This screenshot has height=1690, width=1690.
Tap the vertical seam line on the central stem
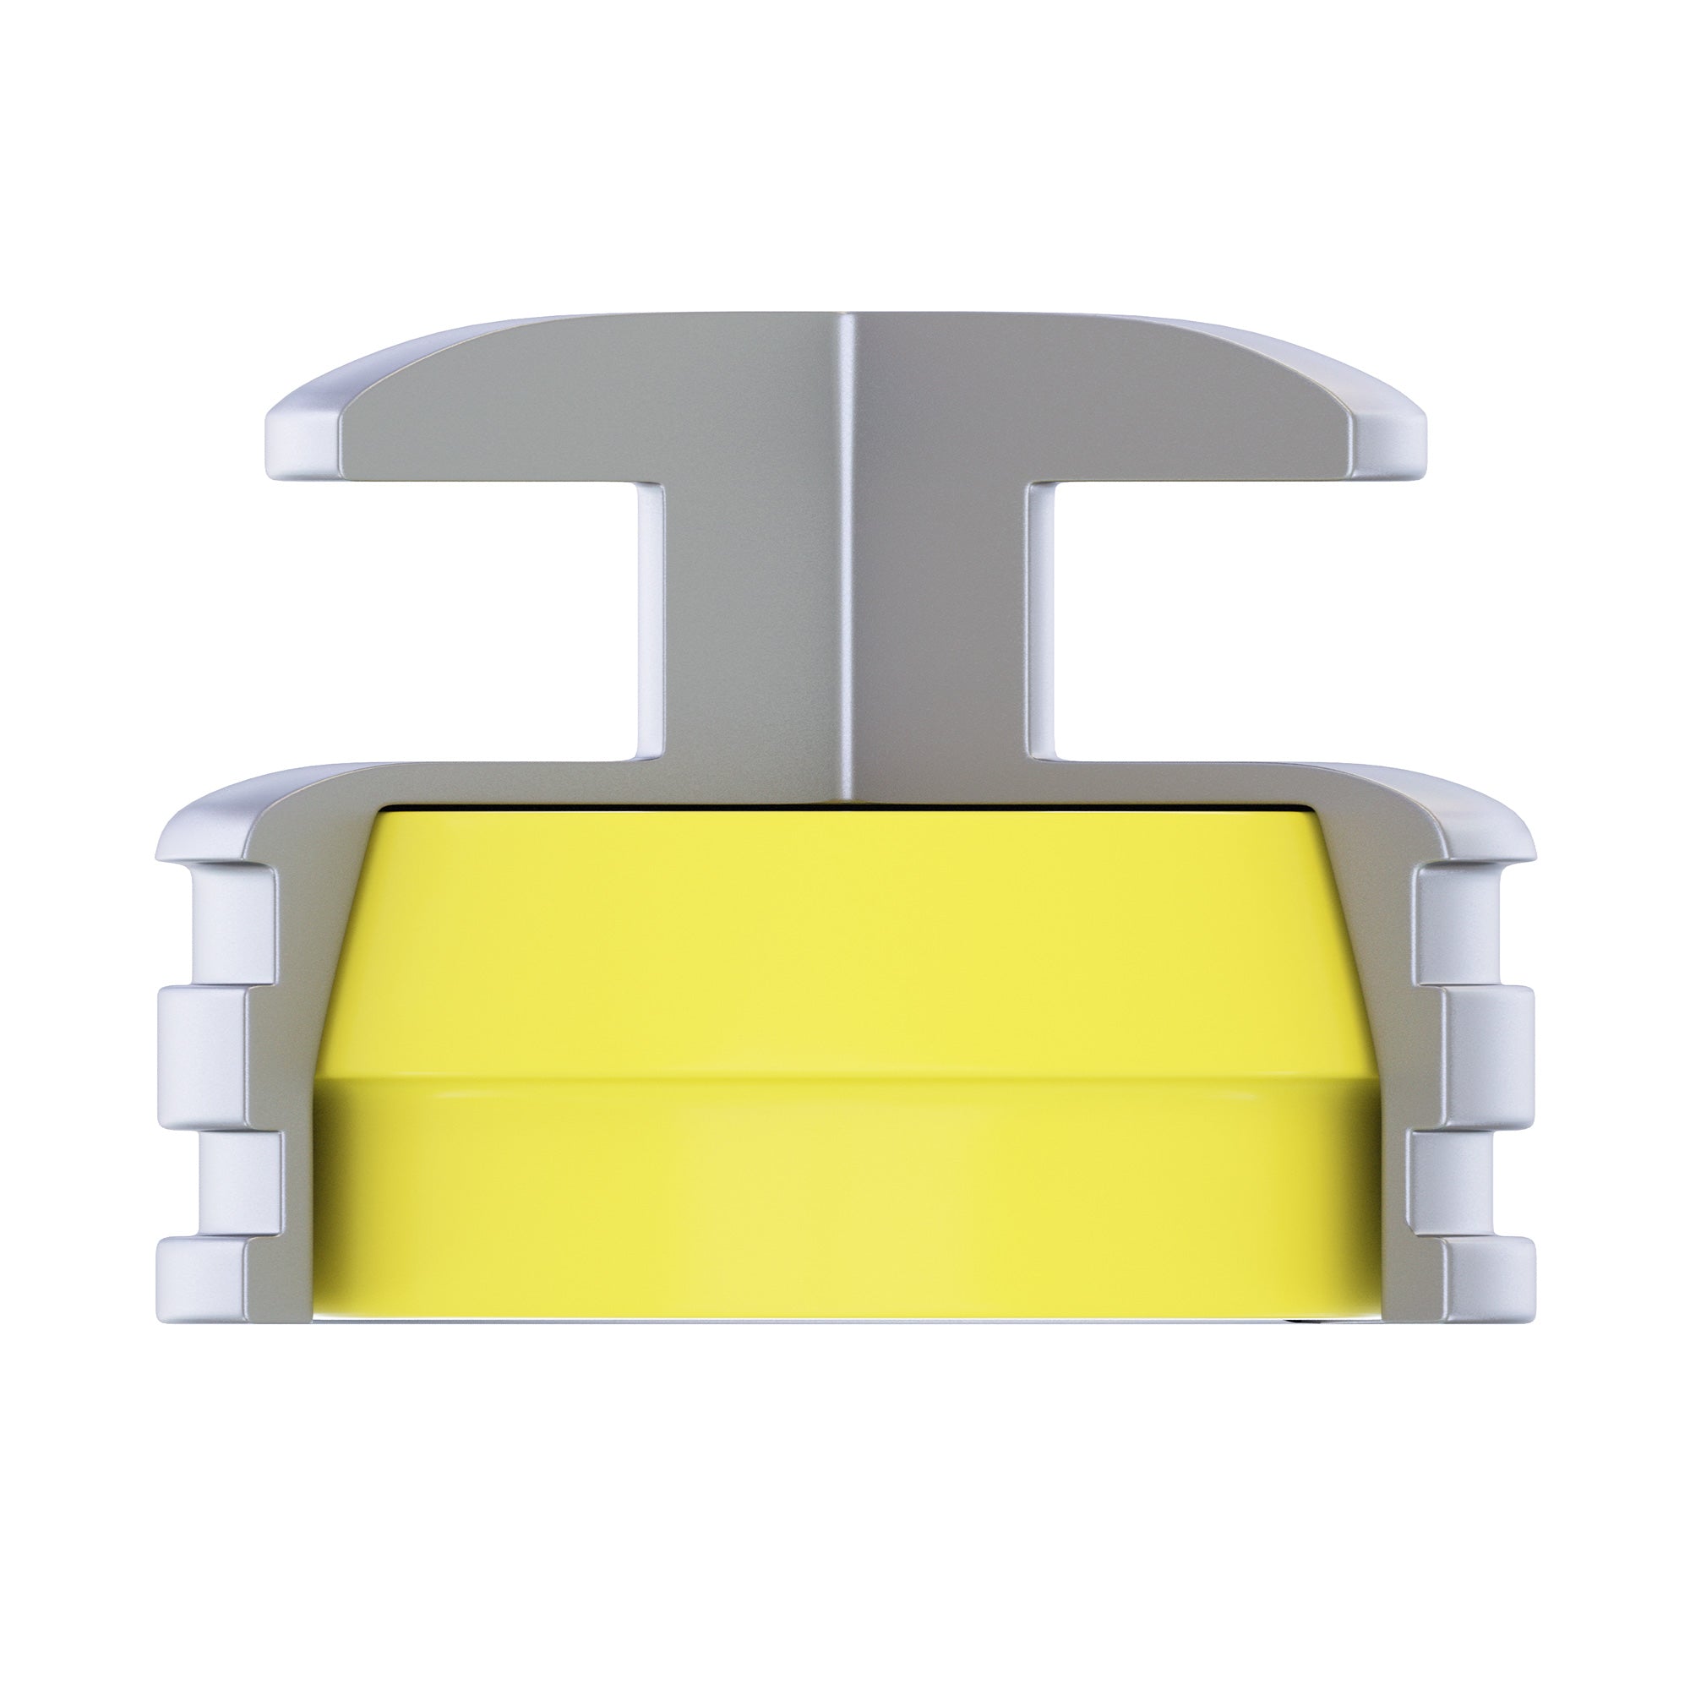[846, 560]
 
